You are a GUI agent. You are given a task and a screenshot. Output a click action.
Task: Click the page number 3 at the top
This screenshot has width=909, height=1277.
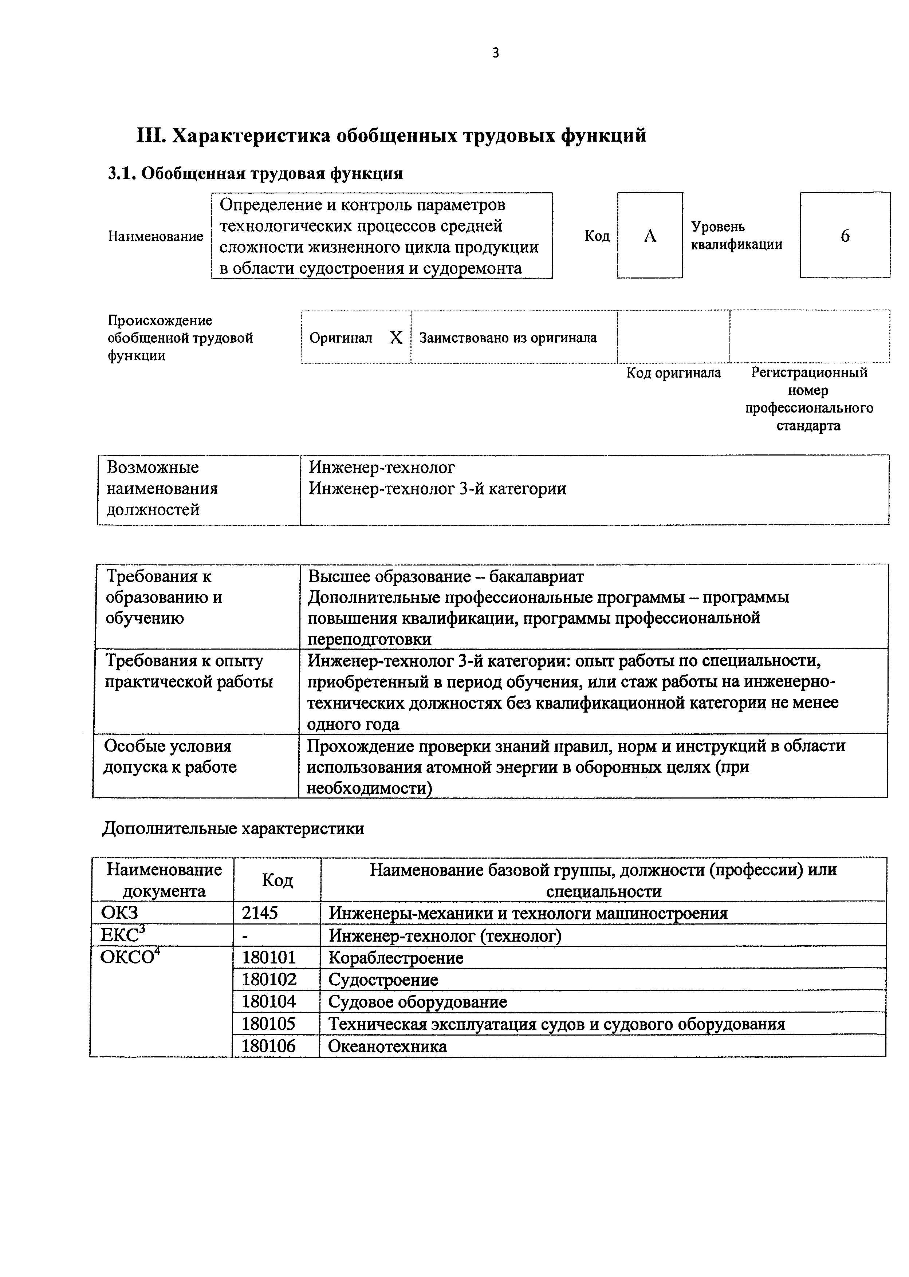click(x=495, y=53)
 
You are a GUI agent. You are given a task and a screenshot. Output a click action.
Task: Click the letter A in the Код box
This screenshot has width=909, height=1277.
click(x=649, y=236)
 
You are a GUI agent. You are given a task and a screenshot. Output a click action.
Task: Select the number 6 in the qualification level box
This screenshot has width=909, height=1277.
click(x=845, y=236)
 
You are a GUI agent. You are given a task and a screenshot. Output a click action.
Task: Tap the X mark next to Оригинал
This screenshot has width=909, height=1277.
click(x=396, y=338)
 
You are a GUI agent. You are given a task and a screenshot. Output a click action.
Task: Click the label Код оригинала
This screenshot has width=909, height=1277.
click(x=673, y=373)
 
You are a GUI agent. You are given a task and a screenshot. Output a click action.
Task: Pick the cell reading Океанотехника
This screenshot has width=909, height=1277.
click(x=387, y=1047)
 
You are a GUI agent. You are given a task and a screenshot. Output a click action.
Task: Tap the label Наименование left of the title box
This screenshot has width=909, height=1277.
click(x=155, y=237)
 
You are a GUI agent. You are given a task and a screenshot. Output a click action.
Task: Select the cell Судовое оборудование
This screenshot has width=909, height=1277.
click(x=418, y=1002)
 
